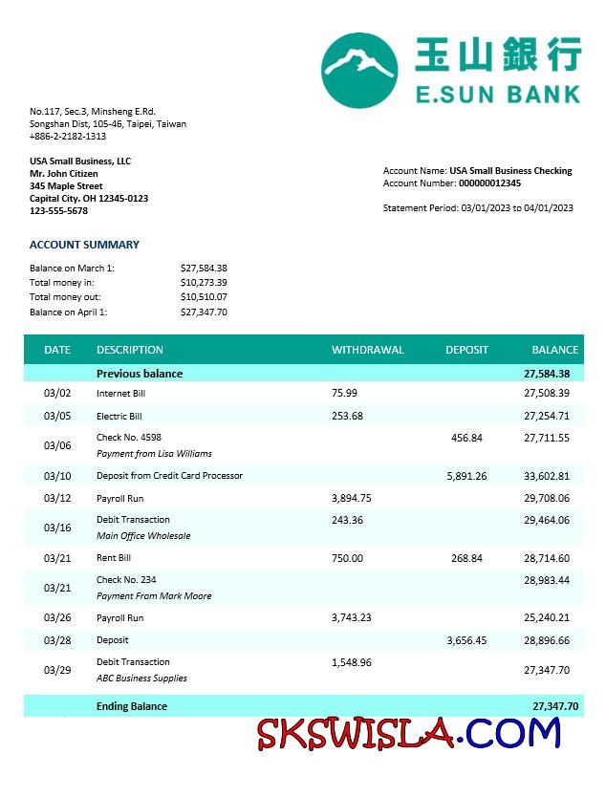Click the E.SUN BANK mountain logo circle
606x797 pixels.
pos(359,70)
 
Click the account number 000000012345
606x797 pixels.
pos(489,183)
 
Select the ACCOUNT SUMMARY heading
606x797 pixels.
pos(84,245)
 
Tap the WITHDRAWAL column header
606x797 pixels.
pos(368,350)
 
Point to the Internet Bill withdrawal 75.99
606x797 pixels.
pos(344,393)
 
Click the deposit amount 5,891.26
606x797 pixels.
pos(466,476)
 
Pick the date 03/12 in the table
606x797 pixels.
pos(57,498)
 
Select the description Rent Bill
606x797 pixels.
pos(114,558)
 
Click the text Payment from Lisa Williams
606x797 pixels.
pos(154,454)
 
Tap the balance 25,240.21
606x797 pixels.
pos(547,618)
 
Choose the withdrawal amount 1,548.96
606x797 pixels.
pos(351,662)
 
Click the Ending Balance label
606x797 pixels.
pos(132,706)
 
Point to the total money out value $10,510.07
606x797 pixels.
pos(204,297)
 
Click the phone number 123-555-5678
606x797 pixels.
pos(58,211)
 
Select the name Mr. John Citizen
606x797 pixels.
pos(64,174)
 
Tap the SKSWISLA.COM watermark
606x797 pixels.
pos(409,734)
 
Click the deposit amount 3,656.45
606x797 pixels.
pos(466,640)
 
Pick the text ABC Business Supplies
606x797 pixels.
pos(141,679)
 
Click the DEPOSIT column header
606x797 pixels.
pos(466,350)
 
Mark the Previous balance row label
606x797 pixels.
pos(140,374)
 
